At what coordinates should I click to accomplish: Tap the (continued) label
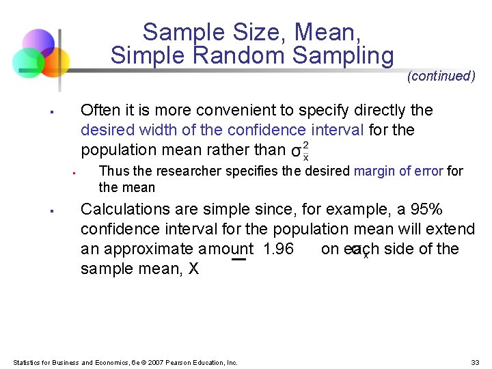[441, 76]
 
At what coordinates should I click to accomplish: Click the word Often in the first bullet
[100, 110]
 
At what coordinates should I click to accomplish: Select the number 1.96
[278, 249]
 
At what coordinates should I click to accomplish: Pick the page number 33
[475, 362]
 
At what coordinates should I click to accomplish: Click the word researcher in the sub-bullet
[170, 171]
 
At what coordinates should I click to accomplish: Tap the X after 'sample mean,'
[193, 269]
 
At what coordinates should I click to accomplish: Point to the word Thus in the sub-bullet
[112, 171]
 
